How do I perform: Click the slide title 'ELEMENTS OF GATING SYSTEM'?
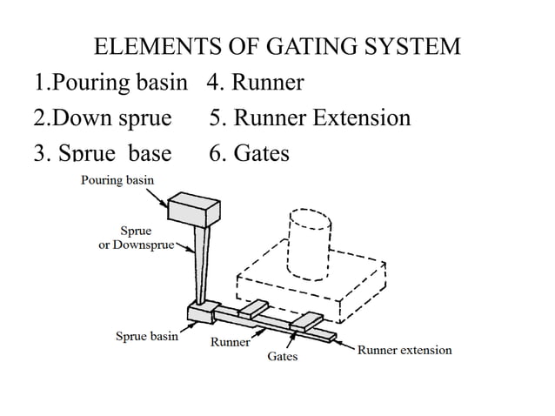tap(277, 46)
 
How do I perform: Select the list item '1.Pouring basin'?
tap(110, 83)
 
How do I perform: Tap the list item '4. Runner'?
tap(256, 83)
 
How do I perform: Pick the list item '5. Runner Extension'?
tap(310, 117)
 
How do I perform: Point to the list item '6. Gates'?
tap(249, 153)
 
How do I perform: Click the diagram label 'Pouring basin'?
tap(117, 180)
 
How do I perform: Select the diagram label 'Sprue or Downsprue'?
tap(135, 238)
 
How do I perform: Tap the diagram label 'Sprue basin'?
tap(147, 336)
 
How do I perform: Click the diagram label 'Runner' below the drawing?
tap(231, 342)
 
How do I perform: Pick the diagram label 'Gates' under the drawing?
tap(282, 357)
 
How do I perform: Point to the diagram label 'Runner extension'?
tap(405, 350)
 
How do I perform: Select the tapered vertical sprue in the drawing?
tap(200, 265)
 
